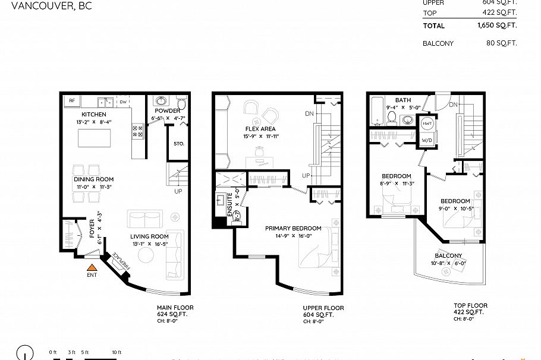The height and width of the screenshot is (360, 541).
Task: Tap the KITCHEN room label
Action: click(94, 114)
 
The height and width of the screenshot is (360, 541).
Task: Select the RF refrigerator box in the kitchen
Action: click(71, 102)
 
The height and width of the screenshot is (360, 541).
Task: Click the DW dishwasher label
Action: click(122, 102)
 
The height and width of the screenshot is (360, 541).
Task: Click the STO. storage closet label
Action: click(179, 144)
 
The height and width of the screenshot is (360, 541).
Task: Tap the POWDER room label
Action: click(167, 111)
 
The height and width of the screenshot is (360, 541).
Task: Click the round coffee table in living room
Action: click(146, 254)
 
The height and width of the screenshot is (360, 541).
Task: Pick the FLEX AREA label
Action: click(260, 129)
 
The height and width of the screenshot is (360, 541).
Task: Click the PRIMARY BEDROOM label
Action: click(293, 228)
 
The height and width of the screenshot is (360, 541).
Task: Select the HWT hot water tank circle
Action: click(427, 124)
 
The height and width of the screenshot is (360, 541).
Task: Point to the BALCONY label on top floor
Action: click(449, 255)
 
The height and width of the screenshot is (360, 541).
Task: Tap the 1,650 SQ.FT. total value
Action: click(496, 26)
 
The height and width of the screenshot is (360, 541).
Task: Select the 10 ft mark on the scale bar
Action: click(116, 352)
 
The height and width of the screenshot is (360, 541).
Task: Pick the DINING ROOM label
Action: click(93, 179)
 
